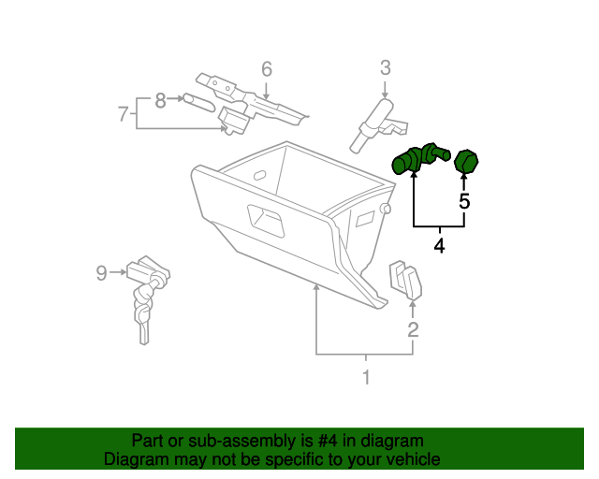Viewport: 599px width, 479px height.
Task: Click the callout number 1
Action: (x=366, y=378)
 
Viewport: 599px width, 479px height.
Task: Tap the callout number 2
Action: (x=413, y=328)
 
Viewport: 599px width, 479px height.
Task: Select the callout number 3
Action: (x=385, y=66)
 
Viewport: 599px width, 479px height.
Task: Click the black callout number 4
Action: (x=439, y=246)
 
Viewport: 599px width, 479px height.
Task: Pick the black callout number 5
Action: (x=464, y=200)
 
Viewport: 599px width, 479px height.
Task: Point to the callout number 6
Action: (x=266, y=68)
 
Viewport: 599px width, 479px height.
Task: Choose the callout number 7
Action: (x=123, y=114)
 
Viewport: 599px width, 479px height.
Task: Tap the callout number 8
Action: (x=160, y=98)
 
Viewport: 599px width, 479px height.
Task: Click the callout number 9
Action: (x=102, y=272)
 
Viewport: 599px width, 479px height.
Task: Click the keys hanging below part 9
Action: (x=142, y=312)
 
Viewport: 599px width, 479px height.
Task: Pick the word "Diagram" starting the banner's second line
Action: (x=134, y=459)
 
